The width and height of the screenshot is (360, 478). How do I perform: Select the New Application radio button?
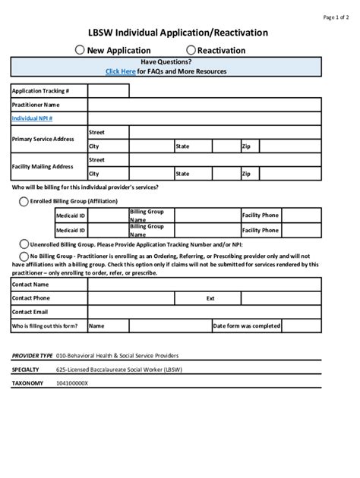pyautogui.click(x=80, y=50)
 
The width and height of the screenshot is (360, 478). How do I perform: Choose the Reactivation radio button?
pyautogui.click(x=191, y=50)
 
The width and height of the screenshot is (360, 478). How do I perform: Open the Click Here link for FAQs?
pyautogui.click(x=121, y=71)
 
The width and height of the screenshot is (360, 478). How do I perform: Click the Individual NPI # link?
pyautogui.click(x=32, y=118)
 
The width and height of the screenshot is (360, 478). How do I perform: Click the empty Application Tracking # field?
pyautogui.click(x=108, y=91)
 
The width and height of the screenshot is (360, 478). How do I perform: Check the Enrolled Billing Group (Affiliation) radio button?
pyautogui.click(x=24, y=201)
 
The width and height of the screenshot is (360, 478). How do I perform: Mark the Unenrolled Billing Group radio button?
pyautogui.click(x=24, y=244)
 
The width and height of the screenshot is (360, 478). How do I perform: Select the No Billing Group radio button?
pyautogui.click(x=24, y=256)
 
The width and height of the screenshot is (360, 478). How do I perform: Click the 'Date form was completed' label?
pyautogui.click(x=247, y=325)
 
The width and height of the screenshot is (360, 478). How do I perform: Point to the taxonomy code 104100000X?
pyautogui.click(x=72, y=384)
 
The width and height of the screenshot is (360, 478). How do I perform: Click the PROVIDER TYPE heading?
pyautogui.click(x=32, y=355)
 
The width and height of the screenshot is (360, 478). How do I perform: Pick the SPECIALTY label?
pyautogui.click(x=26, y=370)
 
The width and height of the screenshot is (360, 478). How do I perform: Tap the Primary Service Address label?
pyautogui.click(x=43, y=139)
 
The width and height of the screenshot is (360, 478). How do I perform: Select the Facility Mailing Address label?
pyautogui.click(x=43, y=166)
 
